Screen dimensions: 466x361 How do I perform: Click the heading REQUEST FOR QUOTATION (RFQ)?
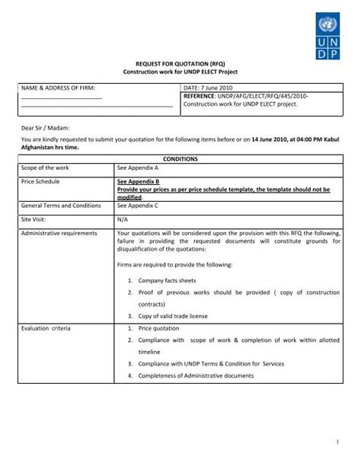point(180,63)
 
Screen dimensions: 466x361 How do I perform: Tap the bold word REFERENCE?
point(201,97)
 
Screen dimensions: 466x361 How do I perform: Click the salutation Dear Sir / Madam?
point(45,129)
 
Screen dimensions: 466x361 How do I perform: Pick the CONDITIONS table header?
point(180,158)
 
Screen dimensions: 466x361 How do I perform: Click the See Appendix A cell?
point(138,167)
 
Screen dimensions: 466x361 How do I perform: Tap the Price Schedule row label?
point(41,182)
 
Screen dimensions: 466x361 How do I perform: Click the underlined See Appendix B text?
point(138,182)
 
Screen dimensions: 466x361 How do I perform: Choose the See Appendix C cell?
point(138,206)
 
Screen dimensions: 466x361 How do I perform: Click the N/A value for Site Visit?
point(123,219)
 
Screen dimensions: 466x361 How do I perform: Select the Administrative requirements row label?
point(59,233)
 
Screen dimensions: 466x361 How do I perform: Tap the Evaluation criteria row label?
point(47,328)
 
